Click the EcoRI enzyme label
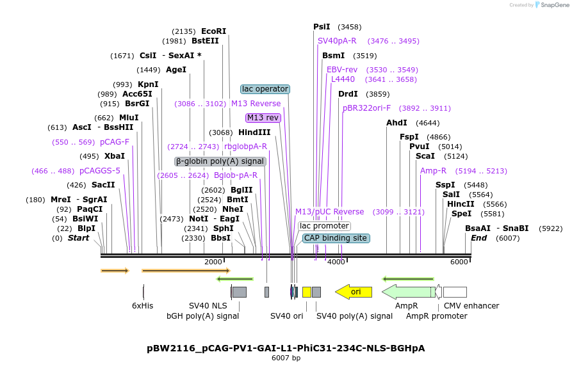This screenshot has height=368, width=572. (x=213, y=31)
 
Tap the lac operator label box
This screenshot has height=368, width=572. (x=265, y=89)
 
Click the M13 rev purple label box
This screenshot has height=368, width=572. (x=263, y=118)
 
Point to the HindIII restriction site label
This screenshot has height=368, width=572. (x=254, y=132)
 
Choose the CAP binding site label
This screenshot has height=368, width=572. (x=336, y=238)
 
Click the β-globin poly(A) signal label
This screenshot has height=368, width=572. (x=220, y=161)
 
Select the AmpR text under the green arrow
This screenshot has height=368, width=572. (x=406, y=306)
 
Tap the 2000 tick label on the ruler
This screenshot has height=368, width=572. (x=213, y=262)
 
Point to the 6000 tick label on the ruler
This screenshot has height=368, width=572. (x=459, y=262)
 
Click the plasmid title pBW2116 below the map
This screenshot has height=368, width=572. (x=286, y=348)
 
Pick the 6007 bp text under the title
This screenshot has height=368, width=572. (x=286, y=358)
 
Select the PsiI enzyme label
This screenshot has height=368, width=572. (x=322, y=27)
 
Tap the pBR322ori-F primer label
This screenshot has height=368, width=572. (x=366, y=108)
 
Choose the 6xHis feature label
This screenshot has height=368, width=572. (x=143, y=306)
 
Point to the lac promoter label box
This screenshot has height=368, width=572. (x=325, y=226)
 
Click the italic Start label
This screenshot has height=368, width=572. (x=78, y=238)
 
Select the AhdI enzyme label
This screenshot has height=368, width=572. (x=396, y=122)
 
